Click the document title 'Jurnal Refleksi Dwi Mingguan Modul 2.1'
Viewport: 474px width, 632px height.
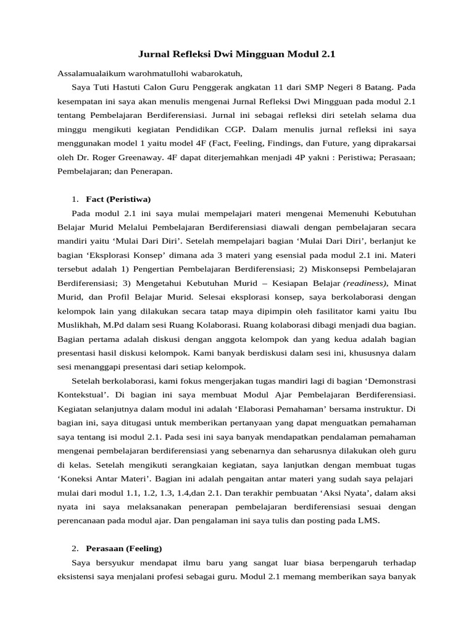[x=236, y=54]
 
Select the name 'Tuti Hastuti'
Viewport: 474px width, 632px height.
[x=115, y=87]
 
